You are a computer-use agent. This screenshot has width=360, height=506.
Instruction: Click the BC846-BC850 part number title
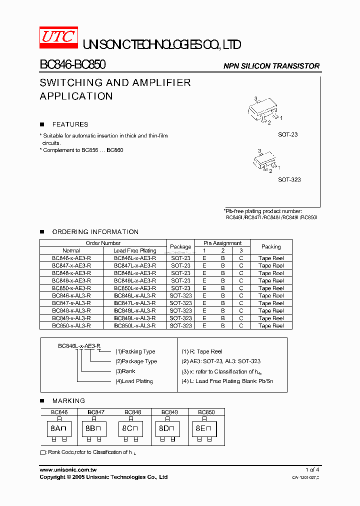[72, 65]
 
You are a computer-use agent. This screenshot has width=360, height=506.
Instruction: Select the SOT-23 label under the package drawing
[288, 135]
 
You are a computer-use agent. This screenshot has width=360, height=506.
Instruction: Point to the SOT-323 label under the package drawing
[289, 179]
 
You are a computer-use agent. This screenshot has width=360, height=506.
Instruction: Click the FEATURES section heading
[70, 124]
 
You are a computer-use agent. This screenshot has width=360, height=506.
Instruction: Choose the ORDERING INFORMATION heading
[95, 232]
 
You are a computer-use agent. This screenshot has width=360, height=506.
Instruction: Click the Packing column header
[271, 247]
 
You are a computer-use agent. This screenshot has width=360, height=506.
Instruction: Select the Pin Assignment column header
[222, 243]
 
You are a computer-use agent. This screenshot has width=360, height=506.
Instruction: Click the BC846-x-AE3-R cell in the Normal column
[71, 258]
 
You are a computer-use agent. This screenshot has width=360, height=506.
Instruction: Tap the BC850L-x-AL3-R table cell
[135, 326]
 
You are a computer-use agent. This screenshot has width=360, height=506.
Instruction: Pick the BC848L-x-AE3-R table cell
[135, 273]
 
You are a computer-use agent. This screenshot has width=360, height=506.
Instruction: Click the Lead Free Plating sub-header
[135, 251]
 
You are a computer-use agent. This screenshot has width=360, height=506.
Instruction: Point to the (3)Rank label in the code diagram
[125, 371]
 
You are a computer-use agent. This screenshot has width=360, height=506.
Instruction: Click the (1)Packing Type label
[135, 351]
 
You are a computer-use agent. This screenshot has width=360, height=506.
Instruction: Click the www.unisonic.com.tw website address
[68, 470]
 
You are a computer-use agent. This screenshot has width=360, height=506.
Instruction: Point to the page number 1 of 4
[312, 470]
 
